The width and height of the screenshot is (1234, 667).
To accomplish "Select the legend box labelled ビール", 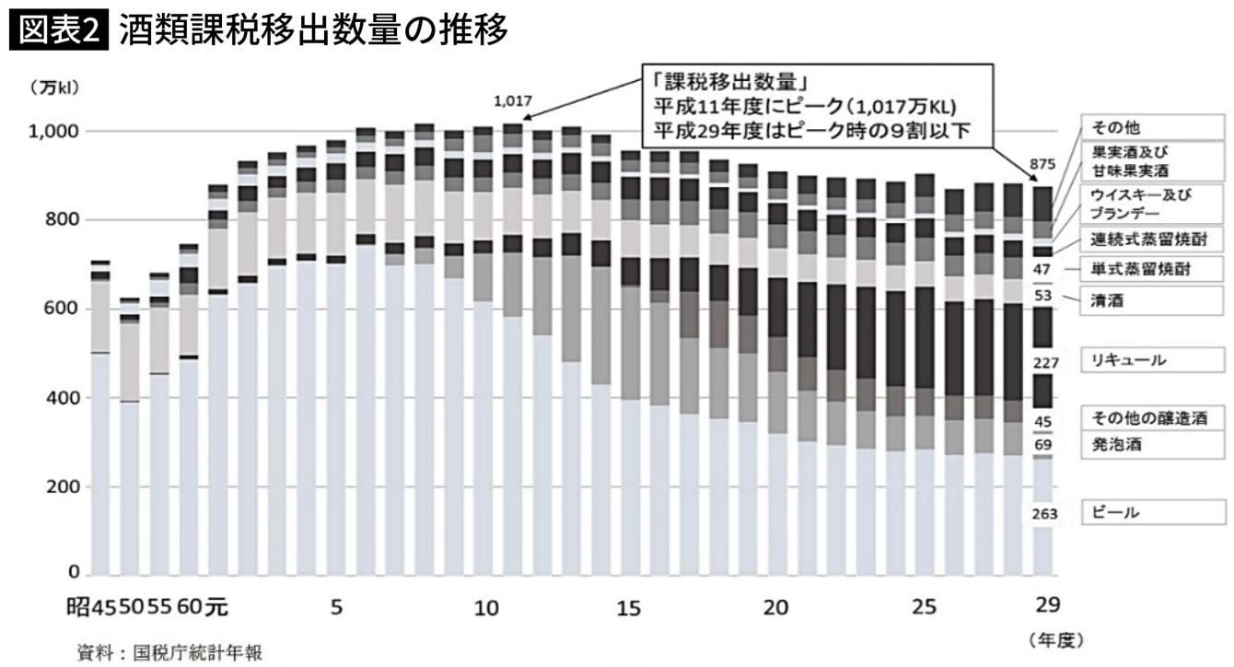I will tap(1157, 512).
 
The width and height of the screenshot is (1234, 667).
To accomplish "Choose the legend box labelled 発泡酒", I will tap(1157, 445).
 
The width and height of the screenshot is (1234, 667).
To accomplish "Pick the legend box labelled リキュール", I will tap(1157, 360).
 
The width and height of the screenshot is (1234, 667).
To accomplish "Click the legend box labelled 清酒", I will tap(1157, 299).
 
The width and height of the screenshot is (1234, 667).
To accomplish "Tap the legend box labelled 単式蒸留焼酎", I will tap(1157, 269).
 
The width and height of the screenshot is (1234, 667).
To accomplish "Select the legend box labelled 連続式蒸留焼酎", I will tap(1157, 240).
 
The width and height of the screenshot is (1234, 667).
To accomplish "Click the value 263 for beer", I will tap(1045, 514).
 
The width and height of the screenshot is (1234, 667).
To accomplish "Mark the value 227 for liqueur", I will tap(1045, 363).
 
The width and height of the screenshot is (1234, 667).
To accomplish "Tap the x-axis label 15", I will tap(629, 608).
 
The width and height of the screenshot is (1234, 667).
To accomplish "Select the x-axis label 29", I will tap(1048, 605).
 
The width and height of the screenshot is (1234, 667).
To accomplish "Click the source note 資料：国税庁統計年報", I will tap(169, 652).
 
